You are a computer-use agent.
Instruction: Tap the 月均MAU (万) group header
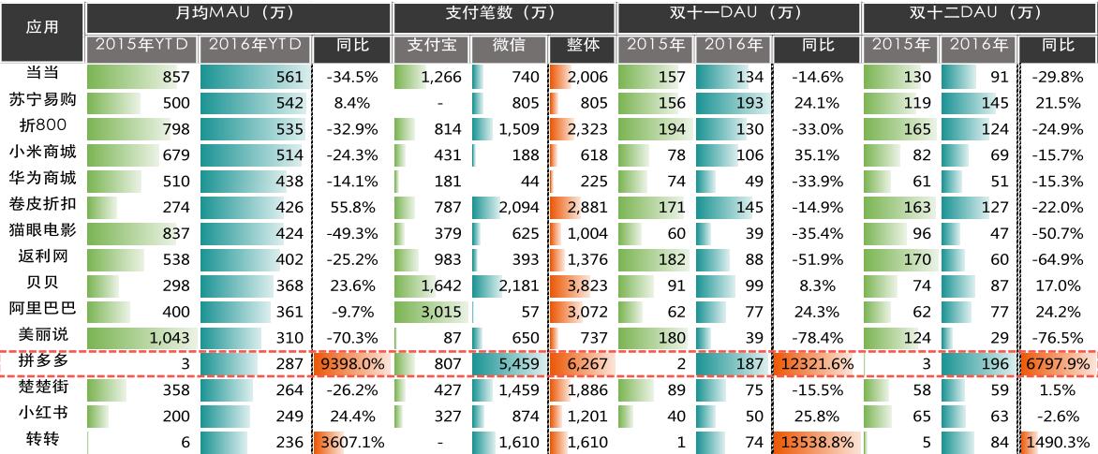[238, 14]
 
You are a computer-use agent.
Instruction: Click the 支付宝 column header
[430, 46]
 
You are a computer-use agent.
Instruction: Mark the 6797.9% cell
[1057, 361]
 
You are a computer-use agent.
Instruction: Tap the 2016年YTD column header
[253, 46]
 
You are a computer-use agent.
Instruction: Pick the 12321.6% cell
[812, 361]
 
